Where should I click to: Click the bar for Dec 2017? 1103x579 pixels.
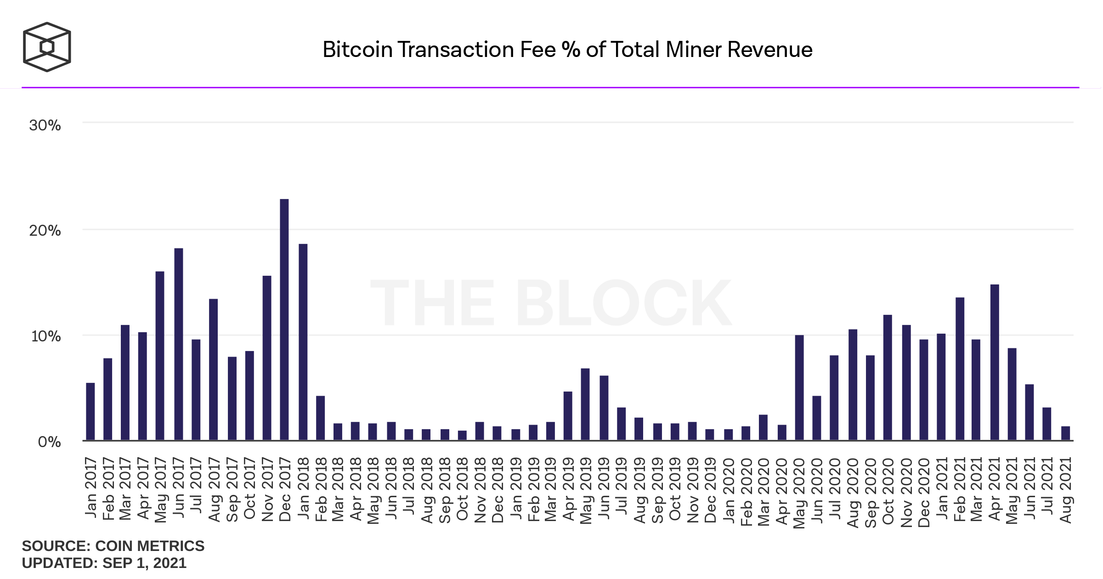[x=284, y=320]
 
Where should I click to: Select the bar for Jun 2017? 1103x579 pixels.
[x=179, y=345]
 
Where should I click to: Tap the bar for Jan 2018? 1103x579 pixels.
[x=303, y=342]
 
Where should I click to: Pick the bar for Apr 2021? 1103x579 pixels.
[x=995, y=363]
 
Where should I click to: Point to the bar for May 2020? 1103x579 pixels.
[x=799, y=388]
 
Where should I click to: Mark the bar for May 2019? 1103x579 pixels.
[x=585, y=404]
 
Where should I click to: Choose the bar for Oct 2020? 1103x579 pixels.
[x=888, y=378]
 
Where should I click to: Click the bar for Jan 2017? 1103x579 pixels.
[x=91, y=412]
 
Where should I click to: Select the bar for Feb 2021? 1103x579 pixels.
[x=960, y=369]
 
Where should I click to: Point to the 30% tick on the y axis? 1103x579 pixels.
[x=45, y=125]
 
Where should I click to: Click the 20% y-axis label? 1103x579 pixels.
[x=45, y=230]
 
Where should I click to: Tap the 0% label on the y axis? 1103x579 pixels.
[x=49, y=442]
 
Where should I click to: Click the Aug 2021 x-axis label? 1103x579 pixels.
[x=1066, y=490]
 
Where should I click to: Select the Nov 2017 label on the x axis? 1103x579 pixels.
[x=267, y=489]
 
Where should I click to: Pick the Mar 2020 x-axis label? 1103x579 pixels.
[x=764, y=491]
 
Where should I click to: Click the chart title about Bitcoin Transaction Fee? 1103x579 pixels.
[x=567, y=50]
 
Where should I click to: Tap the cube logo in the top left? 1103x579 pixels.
[x=47, y=47]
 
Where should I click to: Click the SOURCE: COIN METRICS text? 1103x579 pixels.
[x=113, y=546]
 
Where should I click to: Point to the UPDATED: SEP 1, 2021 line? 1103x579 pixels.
[x=104, y=563]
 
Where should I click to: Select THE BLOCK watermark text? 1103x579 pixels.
[x=551, y=303]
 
